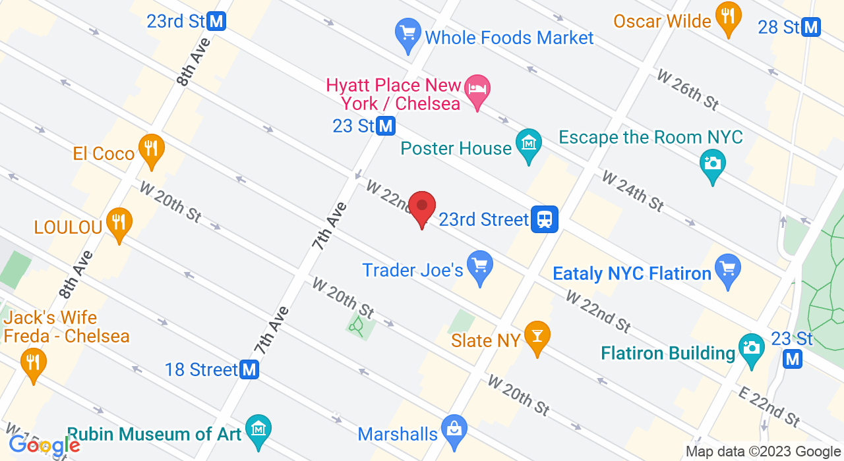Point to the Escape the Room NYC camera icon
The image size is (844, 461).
[713, 163]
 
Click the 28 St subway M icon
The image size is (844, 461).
[810, 27]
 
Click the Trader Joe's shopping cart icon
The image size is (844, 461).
[479, 266]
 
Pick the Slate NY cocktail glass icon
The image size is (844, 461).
[537, 337]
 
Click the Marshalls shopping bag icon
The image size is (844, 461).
[454, 430]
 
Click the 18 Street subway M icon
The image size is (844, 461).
[249, 369]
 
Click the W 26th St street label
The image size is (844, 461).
[687, 90]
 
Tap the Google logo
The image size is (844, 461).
[44, 445]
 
